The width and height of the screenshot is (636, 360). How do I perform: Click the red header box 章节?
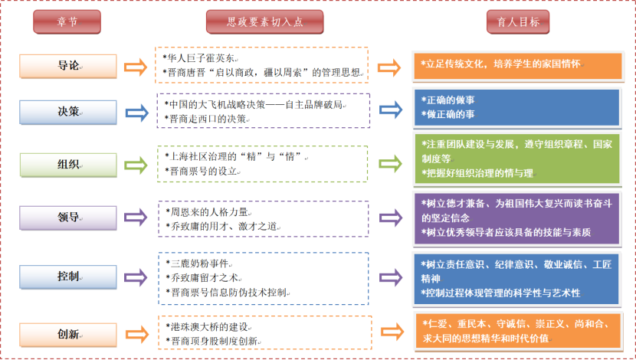pyautogui.click(x=67, y=22)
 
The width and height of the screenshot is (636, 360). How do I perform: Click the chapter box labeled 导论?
pyautogui.click(x=67, y=66)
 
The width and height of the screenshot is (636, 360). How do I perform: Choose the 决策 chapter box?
pyautogui.click(x=67, y=112)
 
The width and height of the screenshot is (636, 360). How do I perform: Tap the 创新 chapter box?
pyautogui.click(x=67, y=333)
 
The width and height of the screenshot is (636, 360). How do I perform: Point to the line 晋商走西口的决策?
pyautogui.click(x=208, y=119)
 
